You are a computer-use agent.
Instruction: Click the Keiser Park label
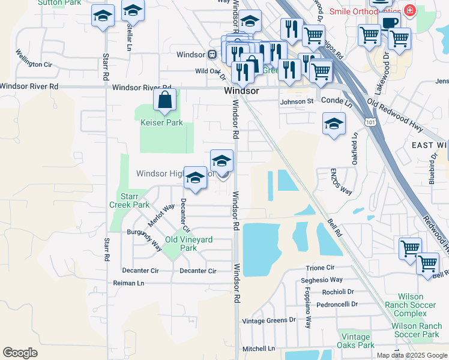coord(161,122)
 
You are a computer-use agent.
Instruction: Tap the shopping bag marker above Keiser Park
coord(164,101)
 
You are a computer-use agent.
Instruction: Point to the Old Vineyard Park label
coord(189,244)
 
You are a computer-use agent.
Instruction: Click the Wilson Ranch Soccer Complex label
coord(418,305)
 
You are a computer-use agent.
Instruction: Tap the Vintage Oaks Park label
coord(357,341)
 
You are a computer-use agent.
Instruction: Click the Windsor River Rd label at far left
coord(29,86)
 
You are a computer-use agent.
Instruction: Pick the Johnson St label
coord(297,101)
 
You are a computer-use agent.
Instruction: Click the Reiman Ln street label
coord(128,283)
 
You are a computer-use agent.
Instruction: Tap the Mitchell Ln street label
coord(259,349)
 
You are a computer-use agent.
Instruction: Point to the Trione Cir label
coord(319,268)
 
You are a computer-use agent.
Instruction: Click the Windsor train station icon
coord(212,55)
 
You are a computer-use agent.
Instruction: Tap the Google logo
coord(20,353)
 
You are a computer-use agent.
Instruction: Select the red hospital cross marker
coord(410,11)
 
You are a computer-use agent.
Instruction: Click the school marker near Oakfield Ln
coord(334,124)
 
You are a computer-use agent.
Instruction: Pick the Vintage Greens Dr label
coord(269,321)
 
